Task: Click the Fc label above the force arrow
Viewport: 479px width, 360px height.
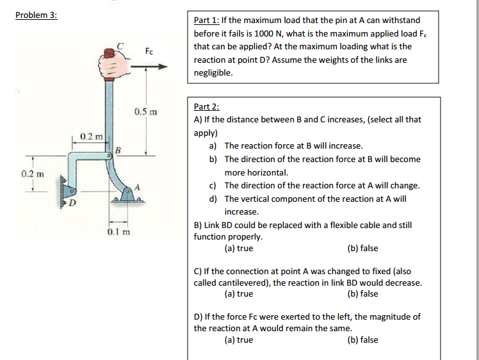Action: tap(149, 51)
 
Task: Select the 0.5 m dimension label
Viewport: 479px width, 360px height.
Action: tap(146, 113)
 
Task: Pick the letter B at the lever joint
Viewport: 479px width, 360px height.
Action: tap(118, 151)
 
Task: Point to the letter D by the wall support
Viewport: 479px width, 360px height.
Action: tap(72, 204)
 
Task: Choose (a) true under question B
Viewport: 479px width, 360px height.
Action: tap(239, 248)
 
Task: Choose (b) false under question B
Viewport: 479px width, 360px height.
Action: tap(362, 248)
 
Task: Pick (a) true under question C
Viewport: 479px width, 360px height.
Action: tap(239, 294)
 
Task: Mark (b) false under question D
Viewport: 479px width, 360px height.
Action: tap(362, 340)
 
